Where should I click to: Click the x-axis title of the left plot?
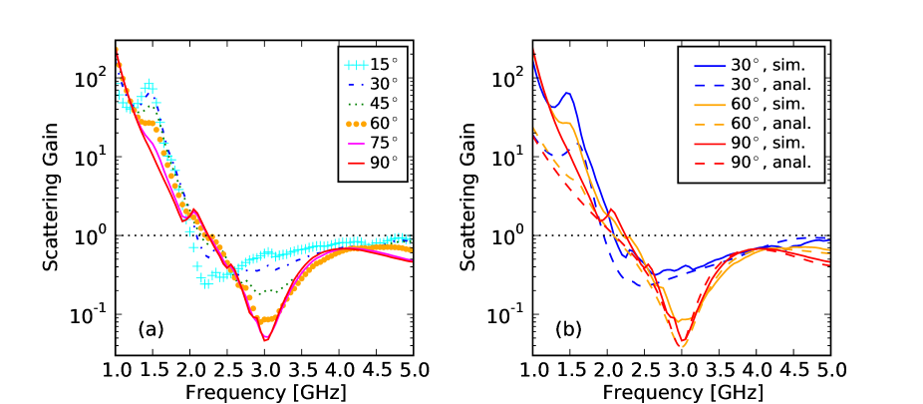266,392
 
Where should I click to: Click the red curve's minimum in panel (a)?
266,340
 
